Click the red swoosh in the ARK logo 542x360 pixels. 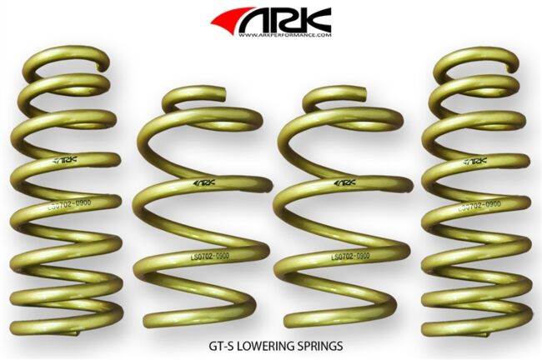pos(231,19)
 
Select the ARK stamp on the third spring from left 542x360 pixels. pos(344,182)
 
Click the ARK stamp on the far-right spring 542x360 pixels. pos(476,161)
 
